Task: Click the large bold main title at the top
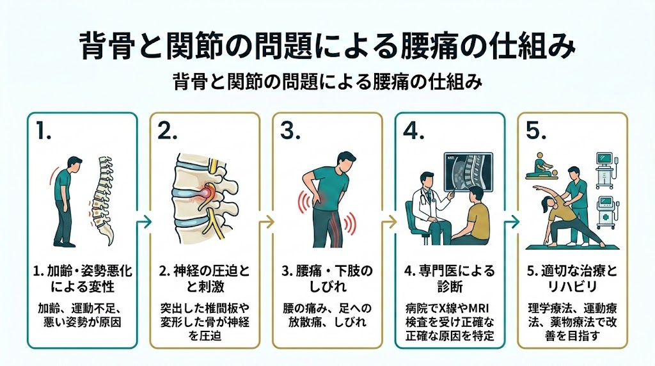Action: coord(327,46)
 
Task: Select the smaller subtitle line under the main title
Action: coord(327,83)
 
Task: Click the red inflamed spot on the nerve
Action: coord(207,193)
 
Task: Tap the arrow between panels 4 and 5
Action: coord(511,222)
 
